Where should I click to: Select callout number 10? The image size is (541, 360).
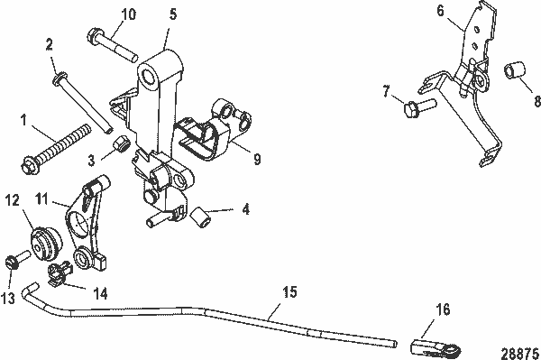coord(128,14)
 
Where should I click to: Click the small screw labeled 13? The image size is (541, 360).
coord(14,262)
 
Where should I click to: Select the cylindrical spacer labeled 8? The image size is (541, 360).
coord(512,70)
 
